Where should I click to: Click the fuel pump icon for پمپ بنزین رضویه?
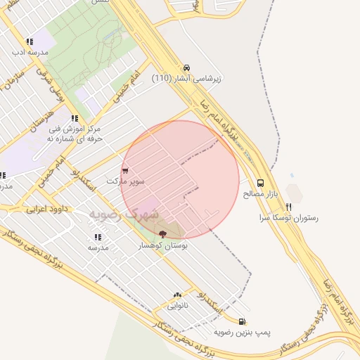coord(242,321)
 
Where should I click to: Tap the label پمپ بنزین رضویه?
coord(242,331)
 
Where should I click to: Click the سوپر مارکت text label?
coord(125,181)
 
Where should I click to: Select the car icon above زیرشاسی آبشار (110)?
coord(186,67)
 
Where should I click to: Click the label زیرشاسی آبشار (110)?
coord(186,78)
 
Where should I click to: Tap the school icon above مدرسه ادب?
coord(29,42)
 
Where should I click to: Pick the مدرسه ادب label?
coord(29,53)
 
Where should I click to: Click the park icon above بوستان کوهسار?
coord(163,233)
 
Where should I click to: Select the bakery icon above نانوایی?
coord(177,295)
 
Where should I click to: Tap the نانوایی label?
coord(177,306)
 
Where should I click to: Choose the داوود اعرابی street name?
coord(46,209)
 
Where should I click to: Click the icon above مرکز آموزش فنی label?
coord(75,119)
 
